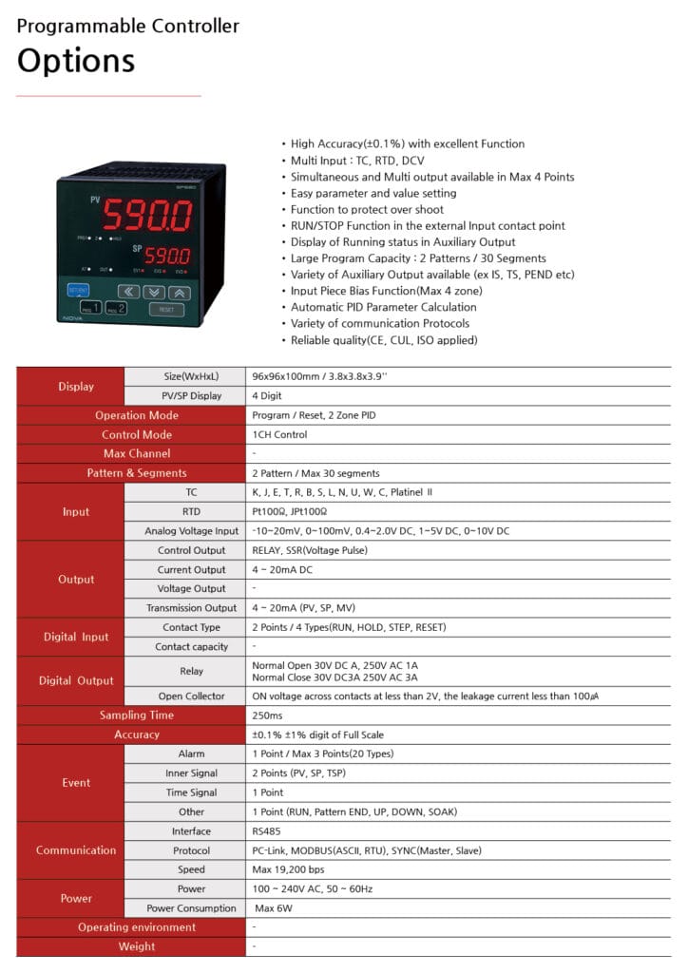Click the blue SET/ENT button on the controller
pyautogui.click(x=78, y=290)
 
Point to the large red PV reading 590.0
pyautogui.click(x=147, y=217)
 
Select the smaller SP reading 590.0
pyautogui.click(x=167, y=257)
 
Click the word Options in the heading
pyautogui.click(x=76, y=61)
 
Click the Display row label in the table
pyautogui.click(x=76, y=387)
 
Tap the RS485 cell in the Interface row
pyautogui.click(x=265, y=830)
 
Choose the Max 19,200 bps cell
pyautogui.click(x=289, y=869)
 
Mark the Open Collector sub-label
pyautogui.click(x=191, y=696)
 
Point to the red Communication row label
pyautogui.click(x=76, y=850)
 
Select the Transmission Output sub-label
pyautogui.click(x=191, y=608)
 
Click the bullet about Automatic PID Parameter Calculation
pyautogui.click(x=384, y=307)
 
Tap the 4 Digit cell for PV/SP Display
pyautogui.click(x=267, y=396)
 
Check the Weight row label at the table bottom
pyautogui.click(x=137, y=946)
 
